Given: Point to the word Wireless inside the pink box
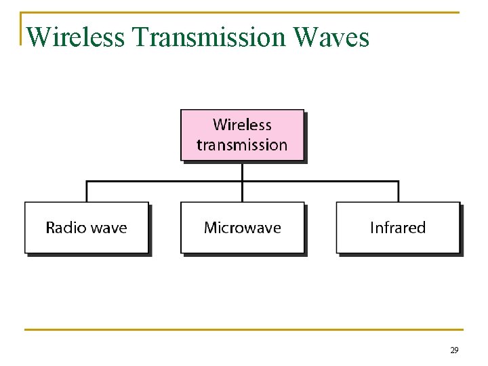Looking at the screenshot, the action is click(x=242, y=125).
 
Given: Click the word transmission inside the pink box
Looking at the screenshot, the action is click(x=242, y=145).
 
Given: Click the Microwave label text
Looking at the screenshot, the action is click(x=242, y=228).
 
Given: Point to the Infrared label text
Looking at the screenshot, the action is click(x=398, y=228).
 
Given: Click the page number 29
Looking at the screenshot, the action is click(x=454, y=350).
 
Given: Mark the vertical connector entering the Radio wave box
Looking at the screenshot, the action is click(x=87, y=192).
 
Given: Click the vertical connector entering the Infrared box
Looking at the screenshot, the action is click(x=398, y=192).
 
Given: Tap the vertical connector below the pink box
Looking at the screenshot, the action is click(x=242, y=171).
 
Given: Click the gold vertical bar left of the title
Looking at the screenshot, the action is click(x=22, y=28).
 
